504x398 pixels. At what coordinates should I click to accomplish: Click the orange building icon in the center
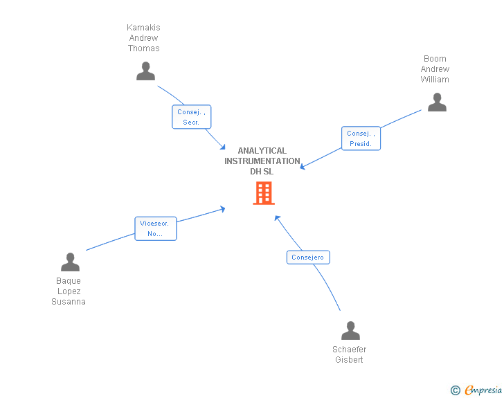[x=264, y=193]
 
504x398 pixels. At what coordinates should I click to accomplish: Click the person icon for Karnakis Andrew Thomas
[x=145, y=71]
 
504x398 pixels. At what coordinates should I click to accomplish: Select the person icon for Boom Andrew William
[x=437, y=102]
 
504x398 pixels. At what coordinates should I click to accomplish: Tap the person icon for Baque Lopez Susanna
[x=70, y=262]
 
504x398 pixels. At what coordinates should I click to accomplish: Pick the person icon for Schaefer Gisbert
[x=350, y=331]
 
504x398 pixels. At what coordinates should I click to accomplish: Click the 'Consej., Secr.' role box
[x=191, y=117]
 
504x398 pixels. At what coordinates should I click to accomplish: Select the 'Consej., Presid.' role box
[x=361, y=138]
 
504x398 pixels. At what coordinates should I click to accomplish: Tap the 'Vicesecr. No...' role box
[x=155, y=228]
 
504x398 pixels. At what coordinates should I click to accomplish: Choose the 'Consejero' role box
[x=308, y=257]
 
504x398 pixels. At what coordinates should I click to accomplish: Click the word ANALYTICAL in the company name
[x=262, y=151]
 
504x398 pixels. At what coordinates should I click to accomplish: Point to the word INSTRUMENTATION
[x=262, y=161]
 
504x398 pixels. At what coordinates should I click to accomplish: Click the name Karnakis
[x=143, y=28]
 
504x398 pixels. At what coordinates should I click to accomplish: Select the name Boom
[x=435, y=59]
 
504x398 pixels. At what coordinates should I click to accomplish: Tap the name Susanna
[x=69, y=302]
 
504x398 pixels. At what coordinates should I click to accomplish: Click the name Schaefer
[x=349, y=350]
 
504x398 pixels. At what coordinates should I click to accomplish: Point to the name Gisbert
[x=349, y=360]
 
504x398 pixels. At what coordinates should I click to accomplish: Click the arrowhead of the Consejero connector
[x=276, y=217]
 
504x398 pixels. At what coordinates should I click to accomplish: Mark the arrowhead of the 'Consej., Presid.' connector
[x=302, y=167]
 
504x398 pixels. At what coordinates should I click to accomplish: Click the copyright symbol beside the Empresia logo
[x=455, y=390]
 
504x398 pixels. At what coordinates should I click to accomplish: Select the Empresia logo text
[x=483, y=390]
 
